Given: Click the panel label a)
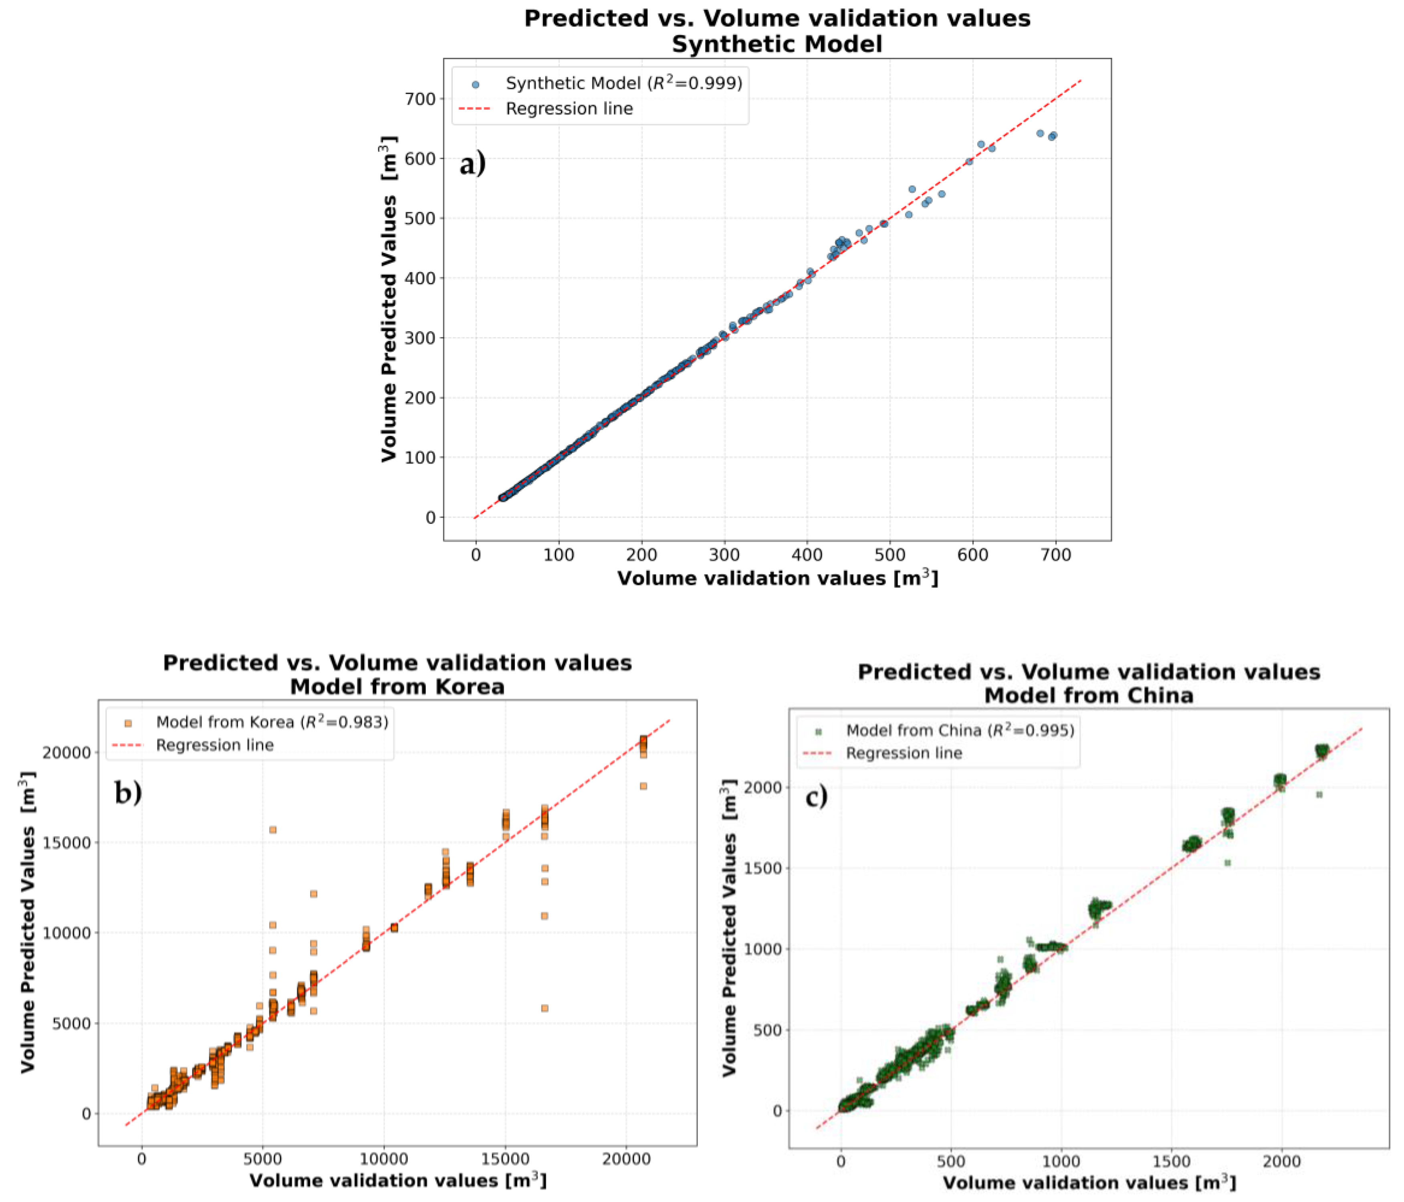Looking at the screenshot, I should coord(472,164).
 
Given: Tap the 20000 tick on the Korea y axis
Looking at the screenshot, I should coord(67,753).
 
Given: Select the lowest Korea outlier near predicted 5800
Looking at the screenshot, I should coord(544,1008).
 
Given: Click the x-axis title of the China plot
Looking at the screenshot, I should coord(1089,1183).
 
